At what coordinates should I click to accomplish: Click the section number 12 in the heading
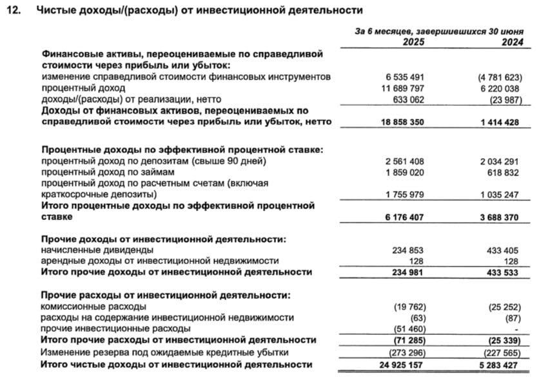[14, 10]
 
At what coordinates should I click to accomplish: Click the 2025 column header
[413, 42]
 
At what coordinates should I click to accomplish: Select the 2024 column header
[508, 42]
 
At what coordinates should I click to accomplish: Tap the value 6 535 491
[404, 76]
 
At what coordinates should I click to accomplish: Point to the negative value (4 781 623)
[495, 76]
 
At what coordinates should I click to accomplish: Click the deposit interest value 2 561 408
[404, 160]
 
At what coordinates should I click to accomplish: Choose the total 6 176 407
[404, 217]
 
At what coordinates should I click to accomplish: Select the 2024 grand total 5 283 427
[496, 365]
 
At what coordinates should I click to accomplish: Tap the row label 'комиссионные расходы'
[93, 306]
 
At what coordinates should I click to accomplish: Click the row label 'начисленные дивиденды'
[97, 249]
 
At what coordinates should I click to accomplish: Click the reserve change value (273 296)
[406, 352]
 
